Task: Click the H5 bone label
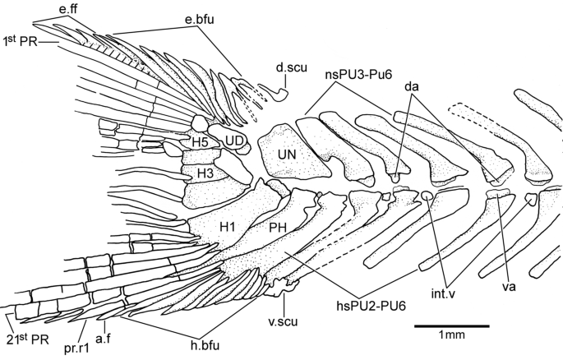(201, 142)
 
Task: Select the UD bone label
(233, 141)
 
